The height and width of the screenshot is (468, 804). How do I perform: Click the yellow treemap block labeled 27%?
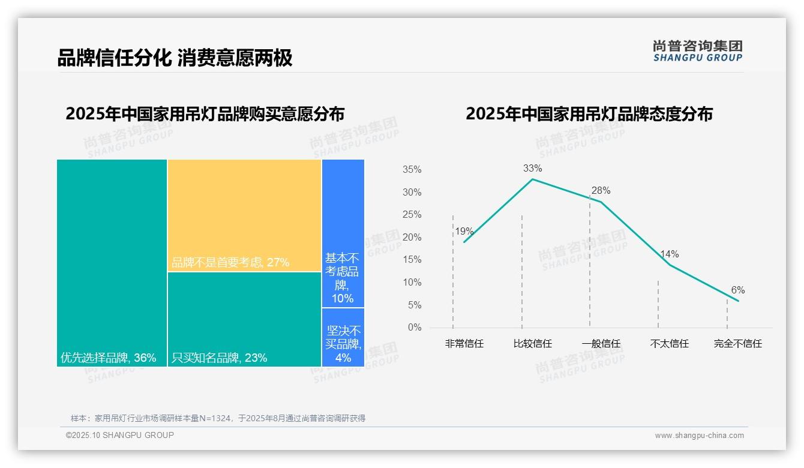244,215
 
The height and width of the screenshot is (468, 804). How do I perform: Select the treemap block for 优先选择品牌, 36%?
112,263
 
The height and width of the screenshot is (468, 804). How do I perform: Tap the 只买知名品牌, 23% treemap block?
244,319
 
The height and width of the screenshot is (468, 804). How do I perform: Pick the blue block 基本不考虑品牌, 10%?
343,233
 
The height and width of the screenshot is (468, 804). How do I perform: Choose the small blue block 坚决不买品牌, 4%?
343,337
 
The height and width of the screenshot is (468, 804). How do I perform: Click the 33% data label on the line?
532,168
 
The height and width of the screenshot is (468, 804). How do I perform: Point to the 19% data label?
464,232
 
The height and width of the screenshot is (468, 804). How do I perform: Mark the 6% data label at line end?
737,290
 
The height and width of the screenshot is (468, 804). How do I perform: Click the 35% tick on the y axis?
412,170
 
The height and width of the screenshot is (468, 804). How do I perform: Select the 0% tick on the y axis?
414,328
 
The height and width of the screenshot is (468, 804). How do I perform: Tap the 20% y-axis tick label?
412,238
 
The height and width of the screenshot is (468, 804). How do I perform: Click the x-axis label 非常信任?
464,344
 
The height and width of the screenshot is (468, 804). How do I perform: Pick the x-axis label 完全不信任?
737,344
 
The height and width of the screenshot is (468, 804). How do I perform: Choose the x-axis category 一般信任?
601,344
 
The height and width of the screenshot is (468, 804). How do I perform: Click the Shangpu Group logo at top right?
697,51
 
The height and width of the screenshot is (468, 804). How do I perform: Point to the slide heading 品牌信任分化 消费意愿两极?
175,58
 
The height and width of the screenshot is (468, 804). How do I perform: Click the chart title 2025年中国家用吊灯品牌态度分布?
589,114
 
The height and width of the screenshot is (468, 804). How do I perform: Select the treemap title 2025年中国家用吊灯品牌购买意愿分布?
205,114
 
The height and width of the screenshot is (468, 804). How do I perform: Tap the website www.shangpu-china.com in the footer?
699,436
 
